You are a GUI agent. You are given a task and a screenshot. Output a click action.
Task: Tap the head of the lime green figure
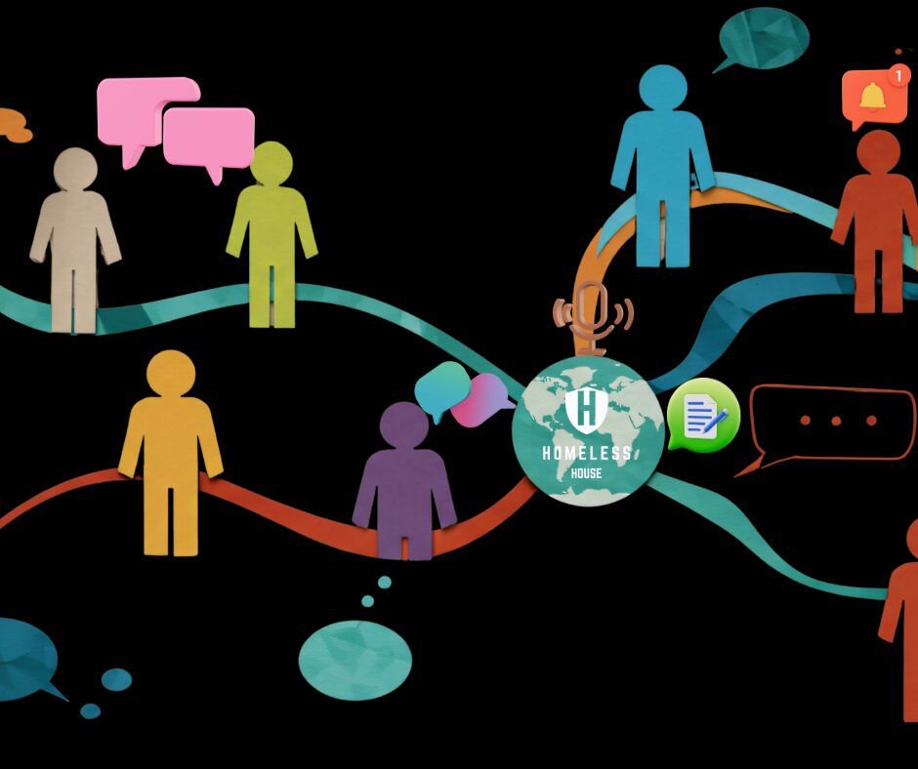271,163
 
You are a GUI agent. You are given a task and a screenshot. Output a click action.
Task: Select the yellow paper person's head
171,373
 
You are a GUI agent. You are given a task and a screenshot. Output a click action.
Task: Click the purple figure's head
403,425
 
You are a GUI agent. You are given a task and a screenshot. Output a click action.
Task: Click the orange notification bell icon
872,96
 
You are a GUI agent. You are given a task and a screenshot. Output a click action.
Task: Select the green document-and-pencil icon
703,416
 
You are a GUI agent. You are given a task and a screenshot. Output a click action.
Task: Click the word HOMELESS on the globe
587,454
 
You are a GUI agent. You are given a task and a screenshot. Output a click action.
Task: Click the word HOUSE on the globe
587,473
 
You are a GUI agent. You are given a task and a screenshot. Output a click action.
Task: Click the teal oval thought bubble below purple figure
355,660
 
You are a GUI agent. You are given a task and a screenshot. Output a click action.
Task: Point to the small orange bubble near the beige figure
12,124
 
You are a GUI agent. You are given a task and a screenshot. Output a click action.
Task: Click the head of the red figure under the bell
878,153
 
